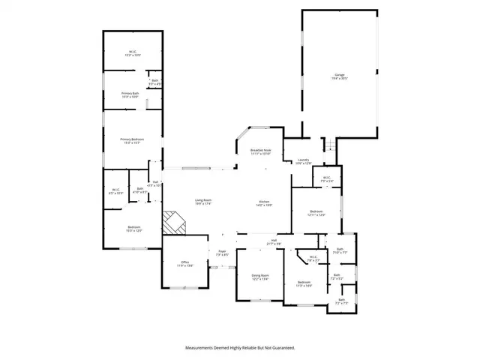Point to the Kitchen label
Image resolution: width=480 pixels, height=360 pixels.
coord(264,202)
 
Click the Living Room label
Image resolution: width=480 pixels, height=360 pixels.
coord(203,201)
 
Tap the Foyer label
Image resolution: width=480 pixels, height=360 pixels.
coord(222,253)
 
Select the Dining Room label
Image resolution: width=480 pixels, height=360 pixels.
coord(259,276)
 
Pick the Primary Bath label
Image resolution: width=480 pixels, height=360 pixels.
coord(130,94)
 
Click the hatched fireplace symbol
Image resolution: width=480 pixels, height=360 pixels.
coord(175,223)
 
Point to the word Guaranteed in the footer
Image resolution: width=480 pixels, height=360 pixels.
coord(280,348)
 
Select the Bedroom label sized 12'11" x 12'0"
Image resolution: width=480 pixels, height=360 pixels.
coord(316,214)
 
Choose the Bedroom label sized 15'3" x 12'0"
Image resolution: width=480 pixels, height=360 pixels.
coord(133,229)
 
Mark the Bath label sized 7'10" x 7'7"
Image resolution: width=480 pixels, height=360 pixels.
coord(340,251)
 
